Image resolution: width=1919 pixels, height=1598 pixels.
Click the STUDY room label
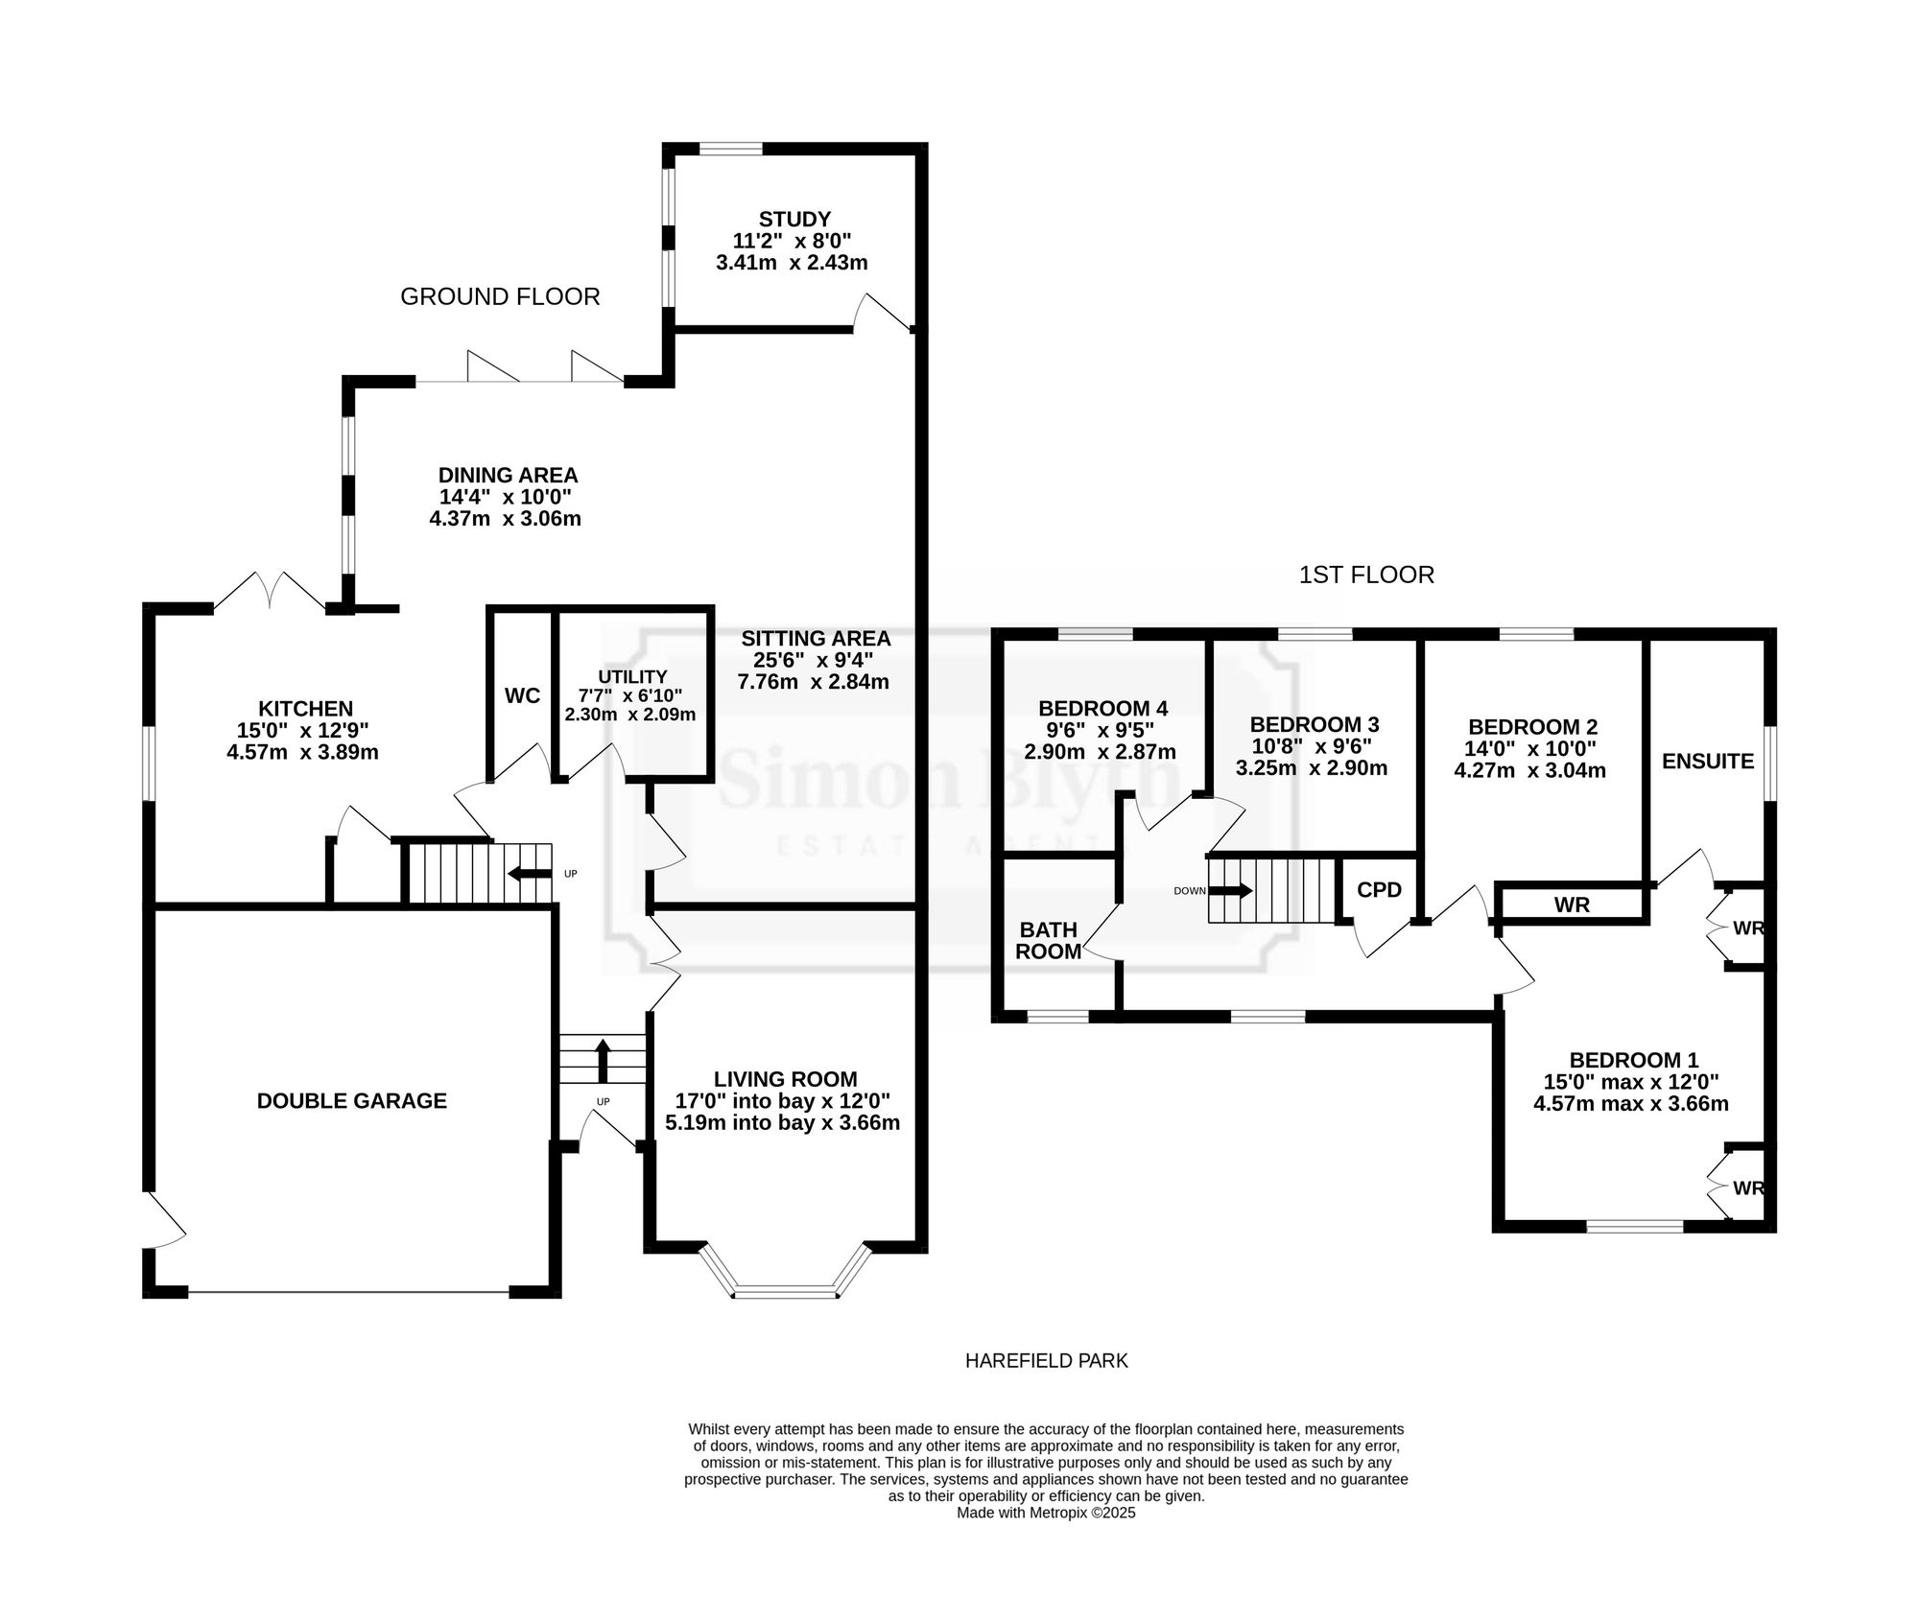click(x=794, y=219)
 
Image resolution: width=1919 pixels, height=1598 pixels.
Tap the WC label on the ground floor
click(x=522, y=696)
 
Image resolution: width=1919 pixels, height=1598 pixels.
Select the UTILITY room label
click(x=631, y=677)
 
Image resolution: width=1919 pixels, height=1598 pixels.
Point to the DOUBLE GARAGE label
click(x=352, y=1101)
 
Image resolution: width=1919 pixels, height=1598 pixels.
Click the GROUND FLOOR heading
click(x=500, y=297)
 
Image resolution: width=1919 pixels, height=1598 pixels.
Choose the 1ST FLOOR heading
click(x=1366, y=576)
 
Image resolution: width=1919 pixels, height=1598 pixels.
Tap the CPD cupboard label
click(x=1380, y=890)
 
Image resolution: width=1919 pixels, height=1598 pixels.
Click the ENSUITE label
click(x=1708, y=762)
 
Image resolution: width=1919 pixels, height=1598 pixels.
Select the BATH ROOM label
click(x=1049, y=941)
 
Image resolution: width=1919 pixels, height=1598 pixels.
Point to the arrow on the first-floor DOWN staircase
click(x=1232, y=890)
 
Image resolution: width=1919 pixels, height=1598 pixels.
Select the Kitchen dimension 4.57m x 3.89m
click(x=302, y=753)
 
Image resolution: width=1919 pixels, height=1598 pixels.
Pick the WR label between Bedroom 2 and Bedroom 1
click(x=1572, y=905)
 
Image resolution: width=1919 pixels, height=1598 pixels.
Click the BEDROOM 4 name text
click(x=1103, y=709)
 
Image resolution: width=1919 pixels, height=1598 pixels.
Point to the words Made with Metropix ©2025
click(x=1047, y=1513)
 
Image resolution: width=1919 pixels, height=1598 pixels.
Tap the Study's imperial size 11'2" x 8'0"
click(x=793, y=241)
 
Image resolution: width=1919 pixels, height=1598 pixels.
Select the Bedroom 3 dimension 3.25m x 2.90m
click(x=1312, y=768)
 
